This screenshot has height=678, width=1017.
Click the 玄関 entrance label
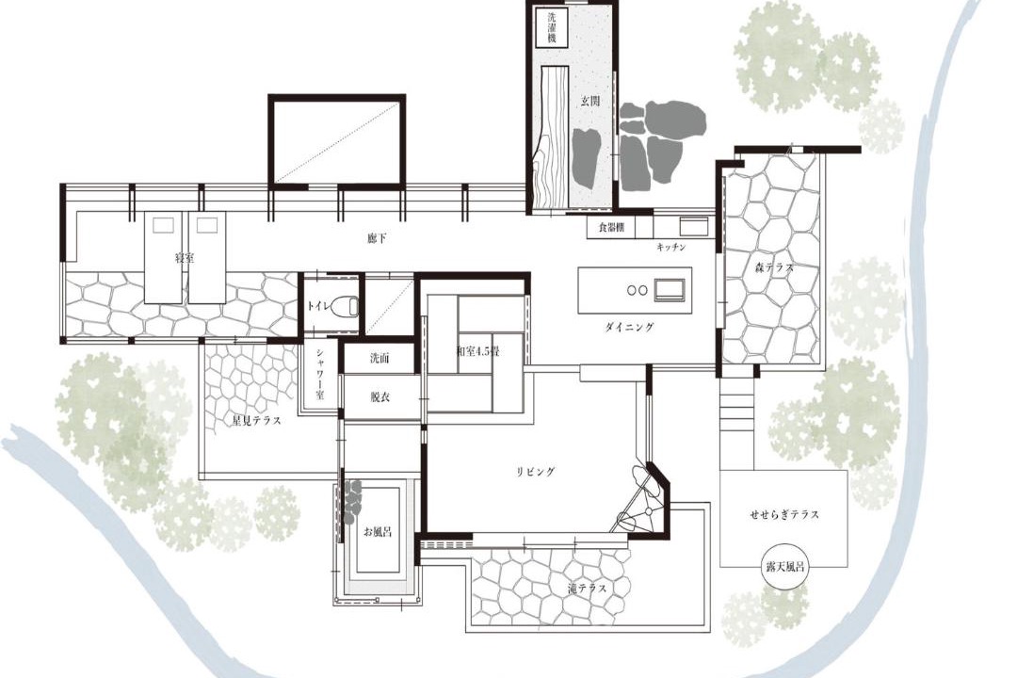(x=589, y=101)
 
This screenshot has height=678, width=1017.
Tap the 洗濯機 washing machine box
(x=552, y=26)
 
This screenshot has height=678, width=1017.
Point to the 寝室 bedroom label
(x=185, y=258)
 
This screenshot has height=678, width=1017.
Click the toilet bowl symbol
(x=345, y=306)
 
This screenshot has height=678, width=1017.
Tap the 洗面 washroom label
(x=379, y=358)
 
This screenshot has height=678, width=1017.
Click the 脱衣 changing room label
(x=379, y=397)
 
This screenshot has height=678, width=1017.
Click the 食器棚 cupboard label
(x=611, y=228)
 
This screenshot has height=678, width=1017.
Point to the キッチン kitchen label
(x=670, y=248)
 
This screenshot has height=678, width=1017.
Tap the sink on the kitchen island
(x=669, y=289)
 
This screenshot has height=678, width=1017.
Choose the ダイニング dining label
(x=629, y=327)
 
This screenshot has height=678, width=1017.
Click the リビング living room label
(x=536, y=472)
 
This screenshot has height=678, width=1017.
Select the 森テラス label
(x=774, y=266)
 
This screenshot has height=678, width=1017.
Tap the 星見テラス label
(x=257, y=420)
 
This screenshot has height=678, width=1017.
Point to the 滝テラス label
(x=587, y=589)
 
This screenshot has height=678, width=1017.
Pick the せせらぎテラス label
(x=784, y=514)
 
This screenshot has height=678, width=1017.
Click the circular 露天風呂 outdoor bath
(x=784, y=566)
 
